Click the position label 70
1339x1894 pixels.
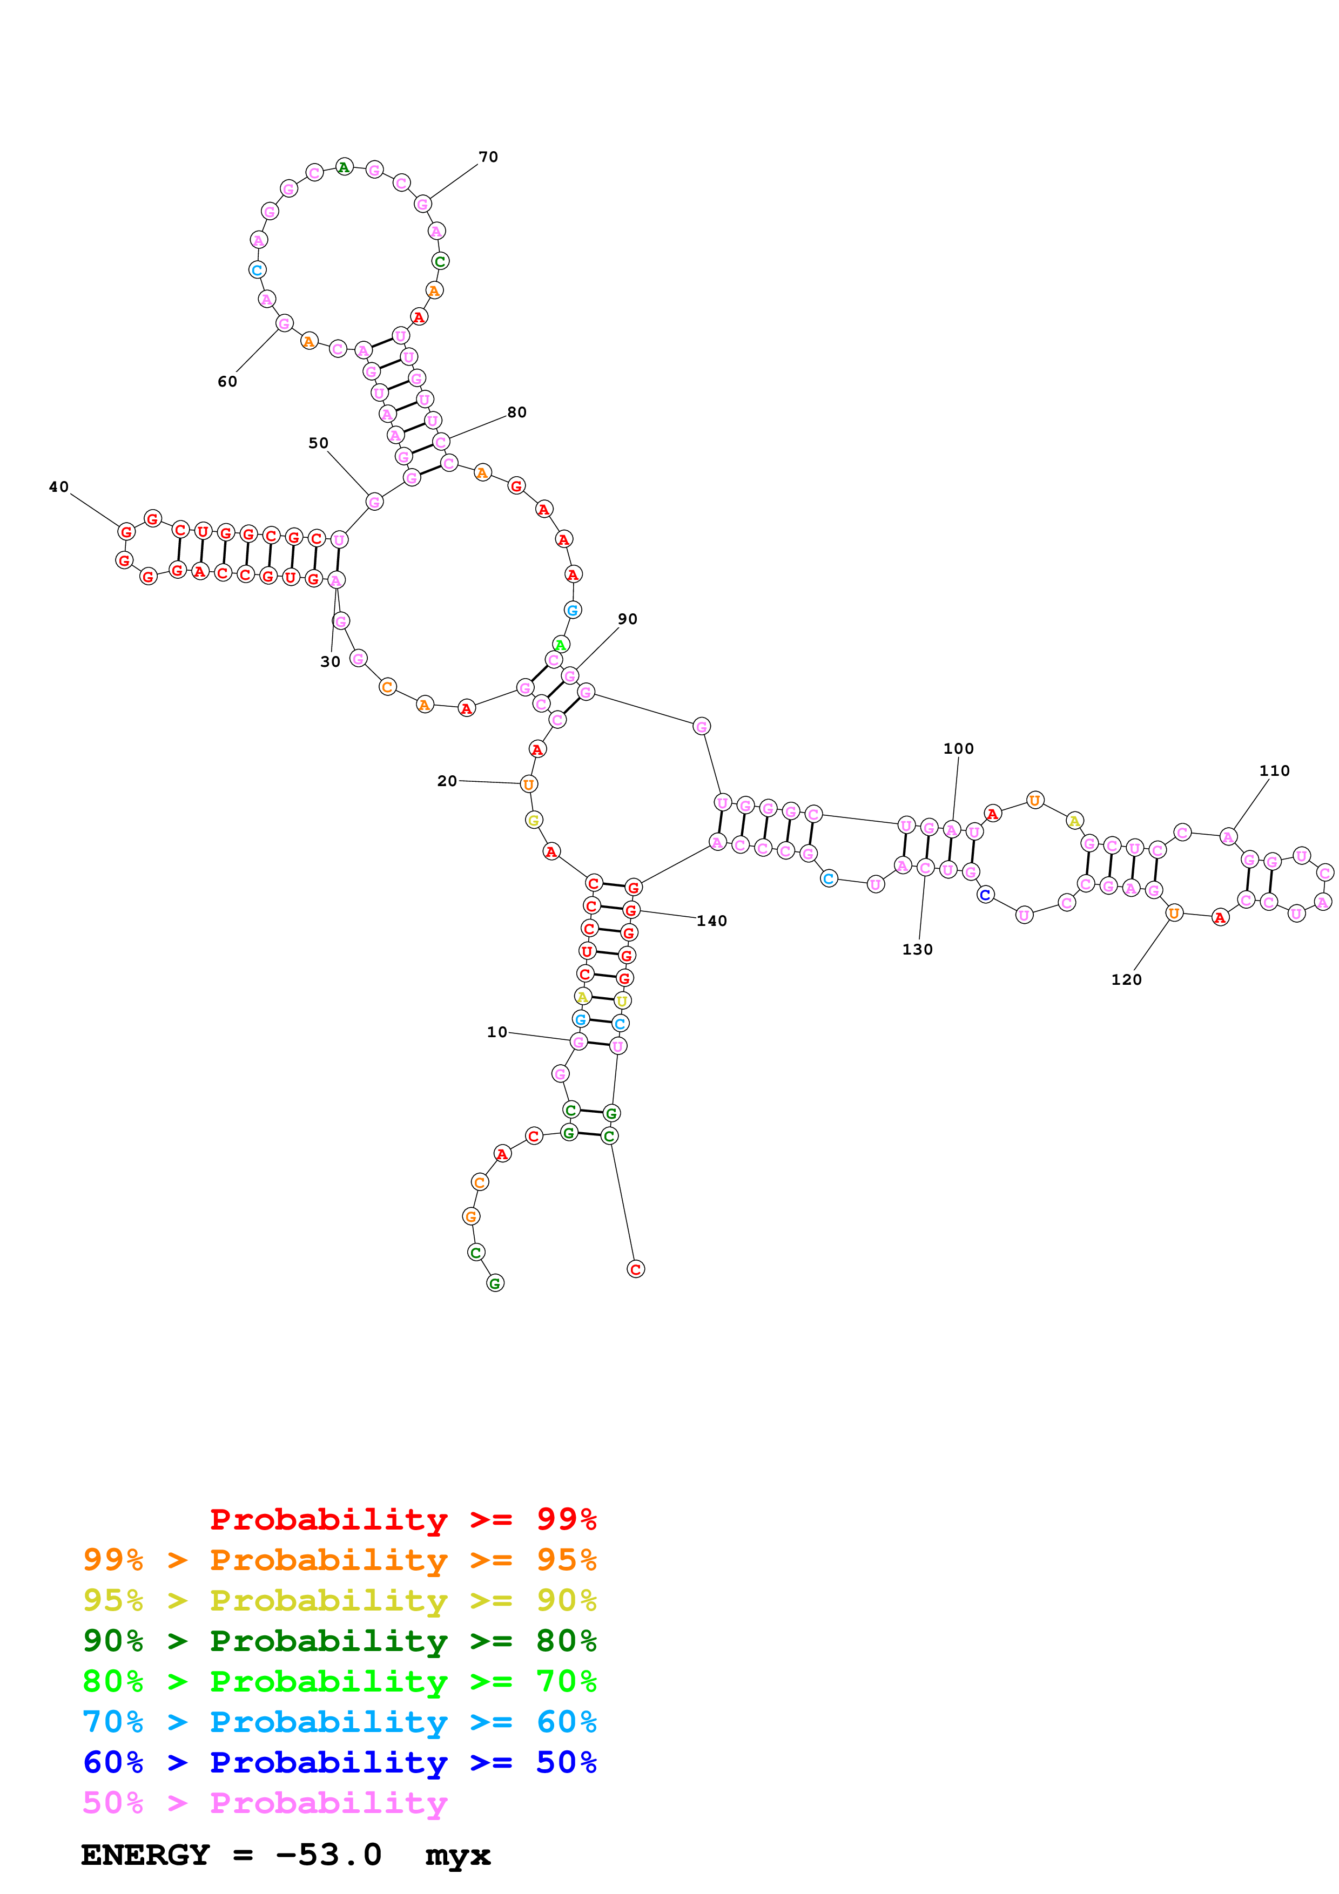(x=488, y=157)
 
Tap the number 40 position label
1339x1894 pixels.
(x=58, y=486)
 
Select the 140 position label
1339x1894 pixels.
(x=711, y=921)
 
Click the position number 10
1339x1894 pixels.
(x=497, y=1032)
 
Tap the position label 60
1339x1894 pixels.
(x=227, y=381)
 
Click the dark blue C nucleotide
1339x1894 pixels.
(x=984, y=894)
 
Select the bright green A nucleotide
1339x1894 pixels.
(x=560, y=644)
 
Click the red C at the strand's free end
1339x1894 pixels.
(x=635, y=1269)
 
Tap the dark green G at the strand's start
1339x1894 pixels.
(x=495, y=1283)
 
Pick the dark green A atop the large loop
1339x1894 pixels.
(x=344, y=167)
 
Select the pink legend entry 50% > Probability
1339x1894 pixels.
(x=264, y=1802)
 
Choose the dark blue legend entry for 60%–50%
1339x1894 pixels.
(x=339, y=1762)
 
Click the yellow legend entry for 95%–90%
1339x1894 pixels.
(x=339, y=1600)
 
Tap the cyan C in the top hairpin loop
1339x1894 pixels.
(x=258, y=270)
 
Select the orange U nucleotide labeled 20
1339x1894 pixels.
(x=529, y=783)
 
